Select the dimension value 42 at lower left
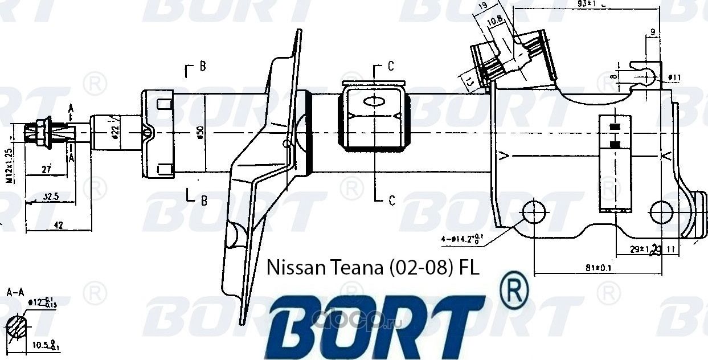pyautogui.click(x=58, y=225)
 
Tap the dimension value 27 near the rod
pyautogui.click(x=47, y=169)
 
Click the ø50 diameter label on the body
pyautogui.click(x=200, y=132)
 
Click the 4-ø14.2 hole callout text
pyautogui.click(x=462, y=239)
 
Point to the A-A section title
pyautogui.click(x=14, y=293)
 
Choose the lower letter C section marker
pyautogui.click(x=391, y=200)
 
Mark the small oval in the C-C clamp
pyautogui.click(x=374, y=102)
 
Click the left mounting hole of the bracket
pyautogui.click(x=534, y=211)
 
